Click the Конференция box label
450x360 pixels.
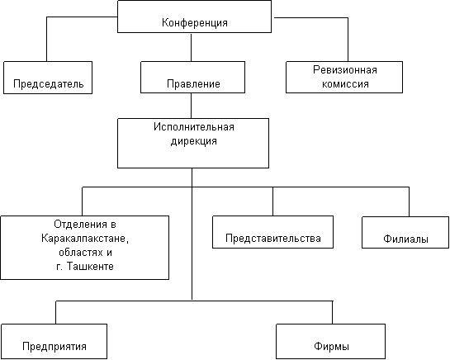(x=195, y=22)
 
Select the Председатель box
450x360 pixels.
(x=48, y=78)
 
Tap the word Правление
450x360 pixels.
(x=193, y=84)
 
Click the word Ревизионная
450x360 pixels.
(x=344, y=70)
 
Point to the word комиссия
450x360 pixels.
(x=345, y=84)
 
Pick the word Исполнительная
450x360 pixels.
(x=194, y=127)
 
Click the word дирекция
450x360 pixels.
(x=194, y=141)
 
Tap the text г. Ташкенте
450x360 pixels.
(x=85, y=267)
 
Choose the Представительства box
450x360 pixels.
(x=273, y=232)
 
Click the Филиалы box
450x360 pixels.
(x=405, y=232)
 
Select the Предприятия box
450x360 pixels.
(x=54, y=341)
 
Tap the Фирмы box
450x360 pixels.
(x=330, y=341)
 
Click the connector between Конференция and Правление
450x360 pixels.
(x=191, y=47)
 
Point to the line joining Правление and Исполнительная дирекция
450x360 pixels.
(x=191, y=106)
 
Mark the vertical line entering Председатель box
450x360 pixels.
(x=47, y=39)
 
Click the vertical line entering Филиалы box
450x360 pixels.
(x=409, y=201)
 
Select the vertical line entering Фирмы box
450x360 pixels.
(x=332, y=313)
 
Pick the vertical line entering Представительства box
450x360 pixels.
(x=272, y=201)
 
